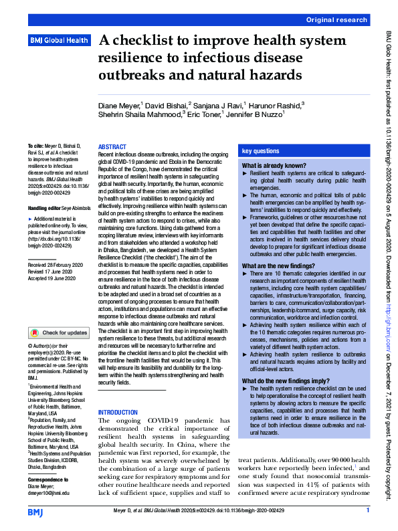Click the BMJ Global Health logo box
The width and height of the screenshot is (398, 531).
pyautogui.click(x=58, y=41)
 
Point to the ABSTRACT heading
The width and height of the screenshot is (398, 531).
pyautogui.click(x=112, y=146)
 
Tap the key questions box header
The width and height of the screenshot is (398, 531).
pyautogui.click(x=261, y=152)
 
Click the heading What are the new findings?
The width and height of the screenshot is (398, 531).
pyautogui.click(x=280, y=265)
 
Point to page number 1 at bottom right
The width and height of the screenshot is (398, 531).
pyautogui.click(x=367, y=510)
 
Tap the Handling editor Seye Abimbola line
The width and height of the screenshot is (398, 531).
pyautogui.click(x=58, y=209)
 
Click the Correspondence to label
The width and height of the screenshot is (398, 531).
pyautogui.click(x=50, y=461)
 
